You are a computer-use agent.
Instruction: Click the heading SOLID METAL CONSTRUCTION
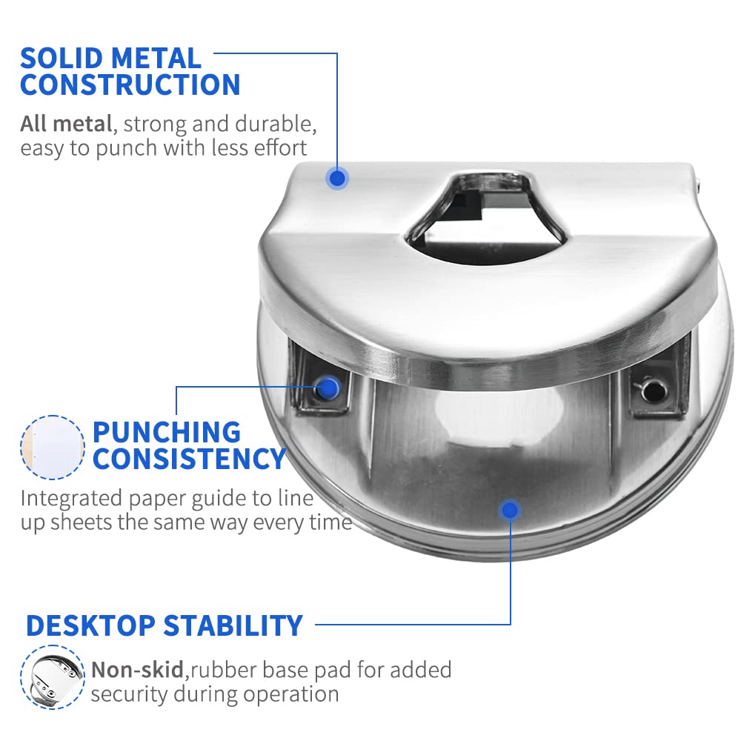pos(130,71)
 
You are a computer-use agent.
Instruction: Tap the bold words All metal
pos(66,124)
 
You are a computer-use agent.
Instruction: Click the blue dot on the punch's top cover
pos(337,178)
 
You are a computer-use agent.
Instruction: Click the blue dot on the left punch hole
pos(328,388)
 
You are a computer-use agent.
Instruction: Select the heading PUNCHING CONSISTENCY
pos(189,445)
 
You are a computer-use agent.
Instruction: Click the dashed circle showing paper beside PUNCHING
pos(53,447)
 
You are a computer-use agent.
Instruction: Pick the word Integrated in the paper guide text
pos(71,498)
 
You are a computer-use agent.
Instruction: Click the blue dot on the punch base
pos(510,510)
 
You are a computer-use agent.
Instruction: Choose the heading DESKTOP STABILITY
pos(165,625)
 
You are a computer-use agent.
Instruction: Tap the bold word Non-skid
pos(138,670)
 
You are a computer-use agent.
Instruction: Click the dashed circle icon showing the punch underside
pos(52,677)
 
